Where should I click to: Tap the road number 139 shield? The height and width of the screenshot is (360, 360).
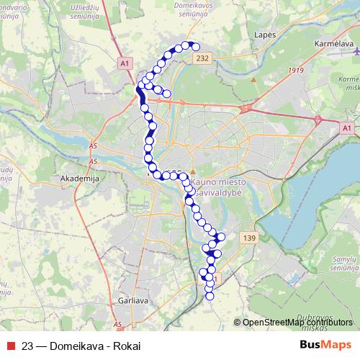249,238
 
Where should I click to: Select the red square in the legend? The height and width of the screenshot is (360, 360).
12,345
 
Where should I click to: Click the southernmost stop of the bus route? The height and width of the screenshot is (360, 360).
210,295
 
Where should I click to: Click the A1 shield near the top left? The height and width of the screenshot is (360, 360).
125,63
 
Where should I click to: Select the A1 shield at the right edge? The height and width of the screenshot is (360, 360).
346,127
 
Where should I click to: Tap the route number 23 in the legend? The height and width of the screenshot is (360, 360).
28,345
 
